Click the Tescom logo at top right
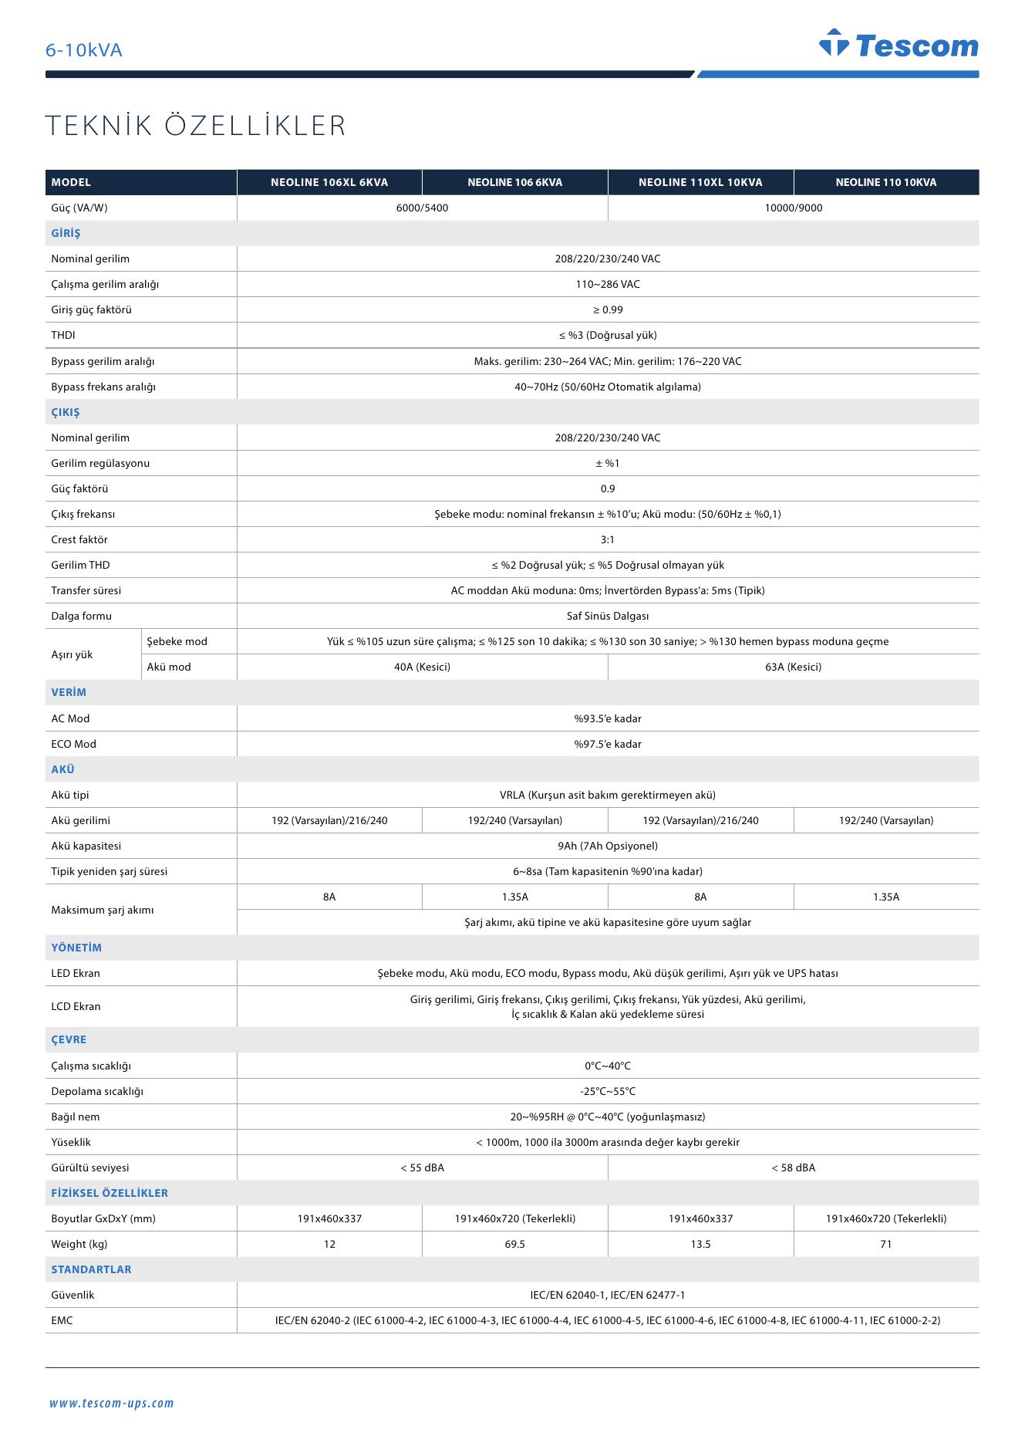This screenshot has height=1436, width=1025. pyautogui.click(x=899, y=45)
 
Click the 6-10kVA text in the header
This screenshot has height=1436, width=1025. pyautogui.click(x=83, y=51)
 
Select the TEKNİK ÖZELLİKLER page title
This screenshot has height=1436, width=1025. pyautogui.click(x=196, y=126)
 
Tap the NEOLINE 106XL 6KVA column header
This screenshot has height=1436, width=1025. pyautogui.click(x=329, y=183)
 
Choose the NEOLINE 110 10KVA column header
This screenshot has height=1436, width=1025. pyautogui.click(x=885, y=183)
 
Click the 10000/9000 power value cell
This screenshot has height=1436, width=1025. pyautogui.click(x=793, y=208)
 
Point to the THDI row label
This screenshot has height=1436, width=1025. pyautogui.click(x=63, y=336)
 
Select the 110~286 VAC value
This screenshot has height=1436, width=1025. pyautogui.click(x=607, y=285)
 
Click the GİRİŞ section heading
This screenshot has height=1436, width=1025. pyautogui.click(x=66, y=234)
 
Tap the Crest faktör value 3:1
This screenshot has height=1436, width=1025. pyautogui.click(x=607, y=540)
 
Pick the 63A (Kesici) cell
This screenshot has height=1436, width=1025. pyautogui.click(x=793, y=667)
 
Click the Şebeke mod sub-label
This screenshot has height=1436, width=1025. pyautogui.click(x=177, y=642)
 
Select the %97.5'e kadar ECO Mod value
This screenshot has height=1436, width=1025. pyautogui.click(x=607, y=745)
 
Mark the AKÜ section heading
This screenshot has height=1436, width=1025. pyautogui.click(x=63, y=770)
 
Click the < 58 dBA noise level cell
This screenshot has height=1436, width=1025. pyautogui.click(x=793, y=1168)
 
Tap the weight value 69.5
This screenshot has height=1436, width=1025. pyautogui.click(x=514, y=1245)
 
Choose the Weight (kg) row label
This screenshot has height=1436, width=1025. pyautogui.click(x=79, y=1245)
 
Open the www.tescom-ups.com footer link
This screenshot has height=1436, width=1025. pyautogui.click(x=112, y=1404)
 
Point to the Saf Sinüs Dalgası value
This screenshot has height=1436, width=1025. pyautogui.click(x=607, y=617)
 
